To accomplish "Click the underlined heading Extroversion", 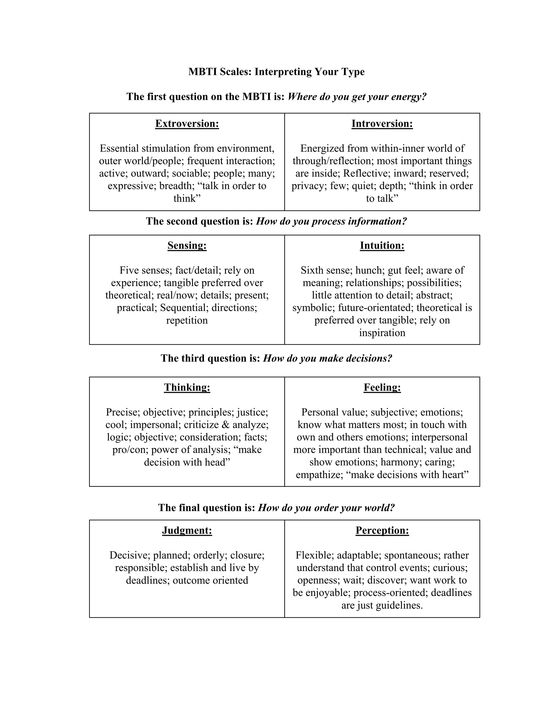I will tap(187, 124).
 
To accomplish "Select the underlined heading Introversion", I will tap(382, 124).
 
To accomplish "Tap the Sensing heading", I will tap(187, 246).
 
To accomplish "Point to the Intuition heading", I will tap(382, 246).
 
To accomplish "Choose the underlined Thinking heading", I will tap(187, 387).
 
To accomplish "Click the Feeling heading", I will tap(382, 387).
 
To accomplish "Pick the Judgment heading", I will tap(187, 530).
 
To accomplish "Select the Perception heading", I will tap(382, 530).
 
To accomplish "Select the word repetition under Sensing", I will tap(187, 320).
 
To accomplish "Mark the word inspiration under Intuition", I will tap(382, 333).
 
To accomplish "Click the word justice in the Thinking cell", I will tap(252, 412).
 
